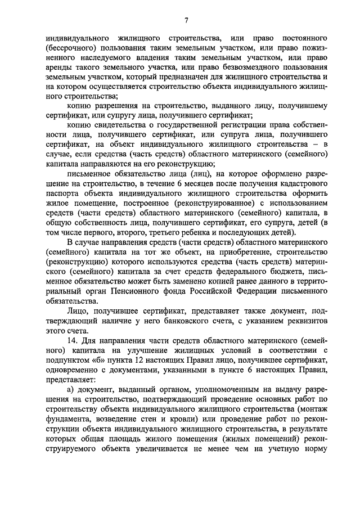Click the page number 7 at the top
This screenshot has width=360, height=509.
(186, 21)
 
